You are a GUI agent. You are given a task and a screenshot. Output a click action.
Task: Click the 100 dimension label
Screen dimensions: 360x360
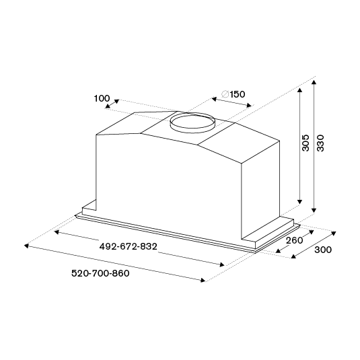[102, 98]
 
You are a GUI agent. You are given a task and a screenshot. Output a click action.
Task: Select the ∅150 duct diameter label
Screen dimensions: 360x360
[233, 94]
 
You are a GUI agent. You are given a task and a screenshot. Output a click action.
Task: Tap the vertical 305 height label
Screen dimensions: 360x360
[305, 143]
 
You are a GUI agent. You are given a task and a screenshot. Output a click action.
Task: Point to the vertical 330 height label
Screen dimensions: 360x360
[320, 143]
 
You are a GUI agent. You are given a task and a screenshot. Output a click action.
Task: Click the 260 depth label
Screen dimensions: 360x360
[294, 240]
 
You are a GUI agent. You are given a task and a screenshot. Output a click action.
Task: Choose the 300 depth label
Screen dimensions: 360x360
[323, 250]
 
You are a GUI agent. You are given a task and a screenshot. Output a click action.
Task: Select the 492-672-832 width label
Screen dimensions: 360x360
[129, 246]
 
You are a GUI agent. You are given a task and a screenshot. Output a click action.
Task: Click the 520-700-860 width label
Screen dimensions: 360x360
[100, 273]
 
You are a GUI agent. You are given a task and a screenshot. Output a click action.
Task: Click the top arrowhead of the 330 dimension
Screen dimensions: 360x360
[314, 82]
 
